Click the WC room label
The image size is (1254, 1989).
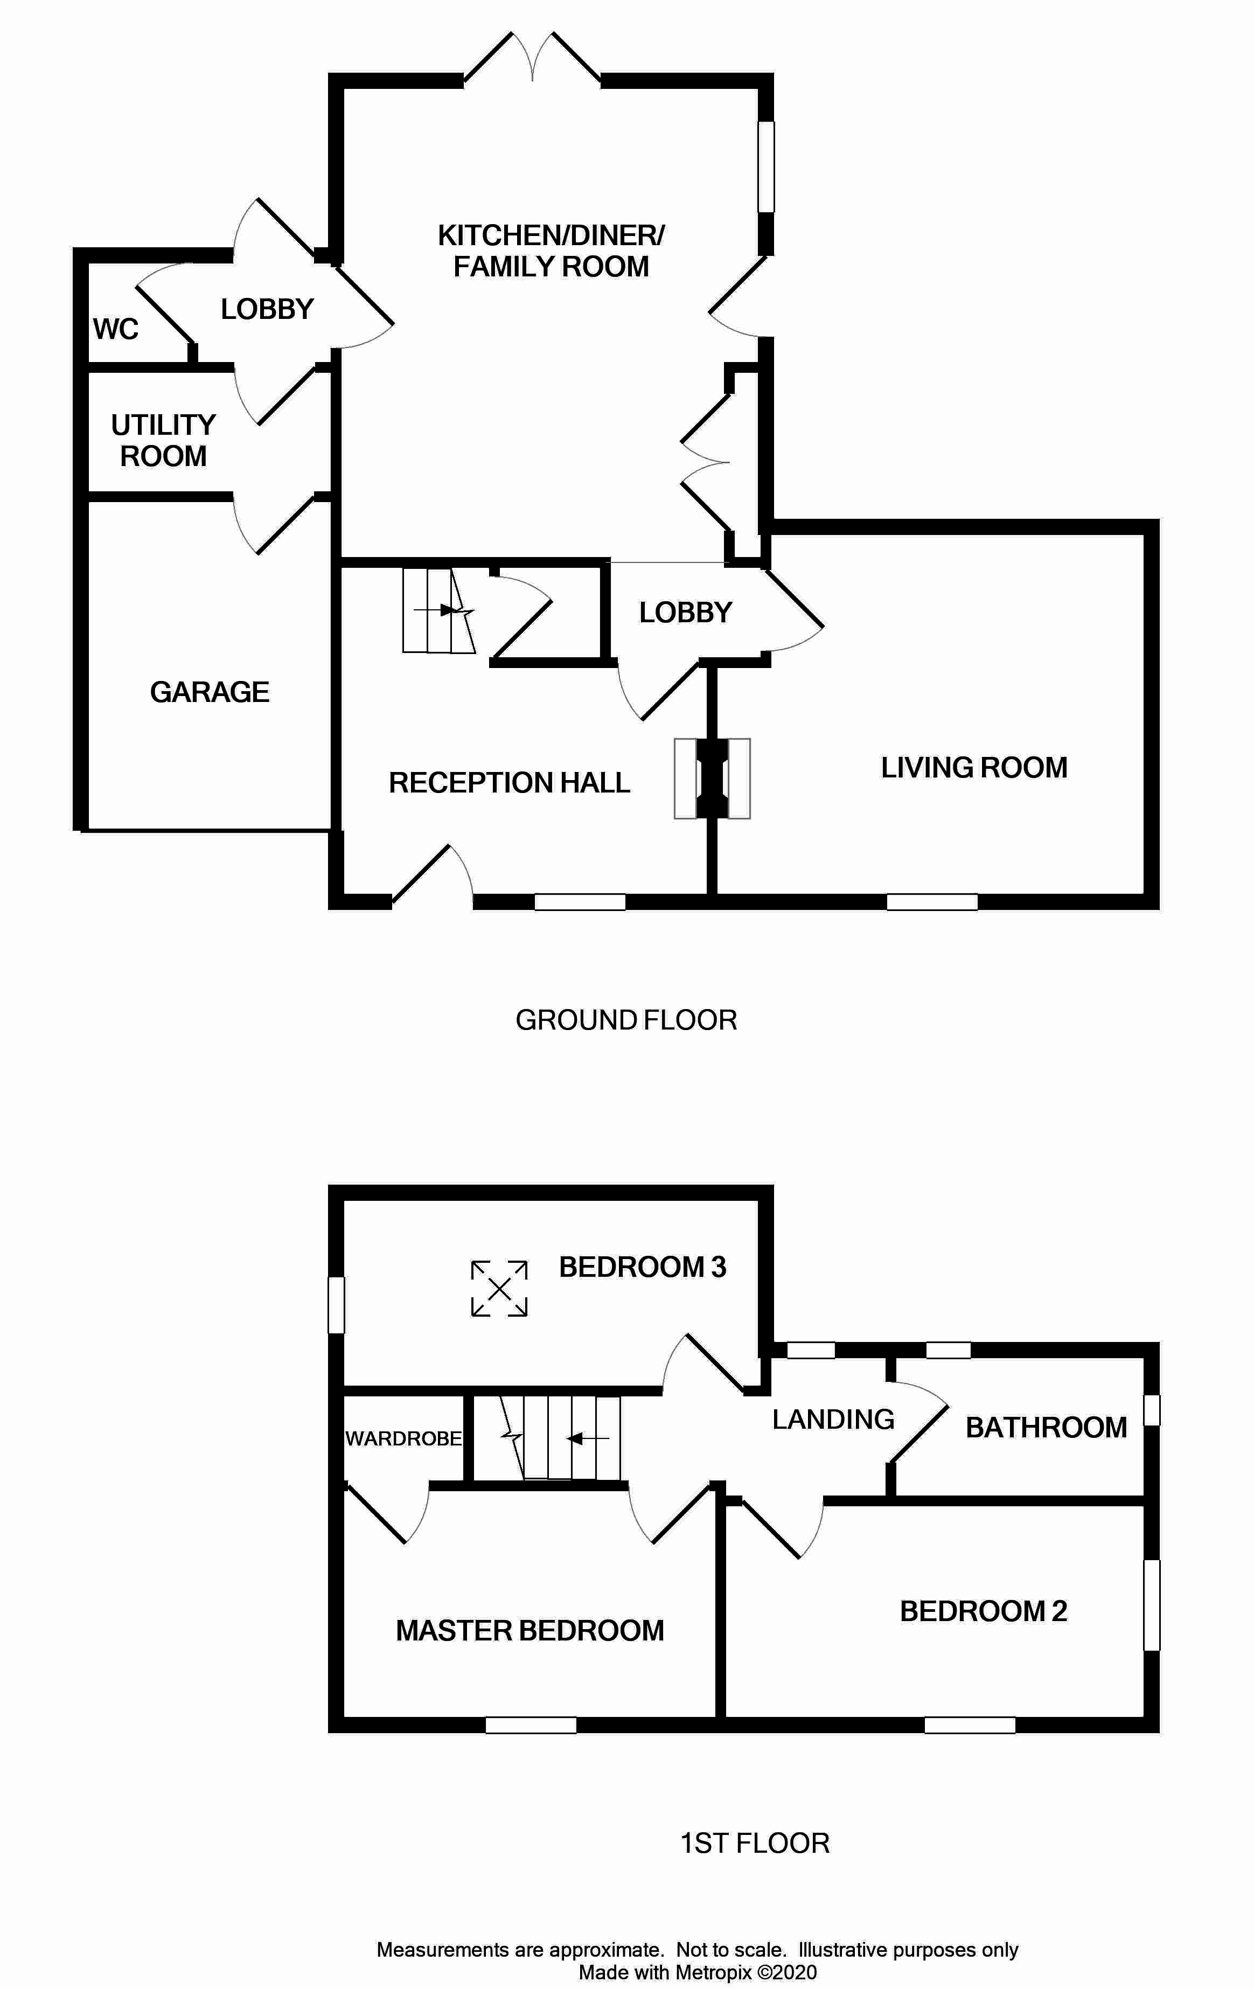(116, 330)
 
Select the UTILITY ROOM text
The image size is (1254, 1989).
(164, 440)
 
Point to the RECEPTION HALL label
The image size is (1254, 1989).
(509, 783)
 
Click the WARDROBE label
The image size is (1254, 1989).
(403, 1438)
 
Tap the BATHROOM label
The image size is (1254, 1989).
(1046, 1427)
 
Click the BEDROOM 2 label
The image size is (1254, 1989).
(983, 1611)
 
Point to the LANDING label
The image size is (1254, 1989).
(833, 1419)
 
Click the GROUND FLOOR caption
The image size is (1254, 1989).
(625, 1020)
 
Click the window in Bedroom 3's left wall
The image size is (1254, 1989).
(336, 1304)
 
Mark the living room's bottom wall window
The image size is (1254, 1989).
(932, 902)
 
